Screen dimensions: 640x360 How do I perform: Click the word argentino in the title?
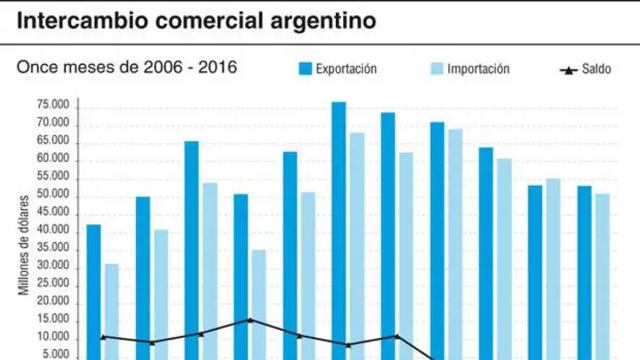coord(323,21)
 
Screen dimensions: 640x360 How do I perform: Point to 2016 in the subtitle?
coord(218,67)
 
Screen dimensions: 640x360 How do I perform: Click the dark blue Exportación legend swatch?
coord(305,68)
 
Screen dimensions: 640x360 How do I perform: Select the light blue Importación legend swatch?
coord(436,68)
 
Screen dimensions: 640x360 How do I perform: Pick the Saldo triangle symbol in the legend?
coord(569,70)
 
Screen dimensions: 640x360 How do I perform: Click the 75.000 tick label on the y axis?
coord(53,105)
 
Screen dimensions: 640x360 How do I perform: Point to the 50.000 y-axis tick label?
coord(53,195)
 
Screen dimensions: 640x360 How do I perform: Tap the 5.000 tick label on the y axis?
coord(56,355)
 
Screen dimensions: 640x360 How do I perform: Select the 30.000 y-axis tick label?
coord(53,265)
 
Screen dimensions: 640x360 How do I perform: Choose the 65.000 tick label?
coord(53,140)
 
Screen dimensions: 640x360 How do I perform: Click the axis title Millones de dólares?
coord(24,245)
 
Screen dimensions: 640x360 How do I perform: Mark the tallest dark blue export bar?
coord(339,231)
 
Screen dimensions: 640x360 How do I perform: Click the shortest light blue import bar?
coord(112,312)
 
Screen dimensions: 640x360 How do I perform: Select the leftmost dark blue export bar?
coord(94,292)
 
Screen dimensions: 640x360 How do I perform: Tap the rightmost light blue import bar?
coord(603,276)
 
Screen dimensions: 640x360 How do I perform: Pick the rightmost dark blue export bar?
coord(584,273)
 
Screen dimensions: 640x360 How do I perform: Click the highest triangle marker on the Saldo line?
coord(250,320)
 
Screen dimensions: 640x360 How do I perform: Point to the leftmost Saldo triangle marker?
coord(103,337)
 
